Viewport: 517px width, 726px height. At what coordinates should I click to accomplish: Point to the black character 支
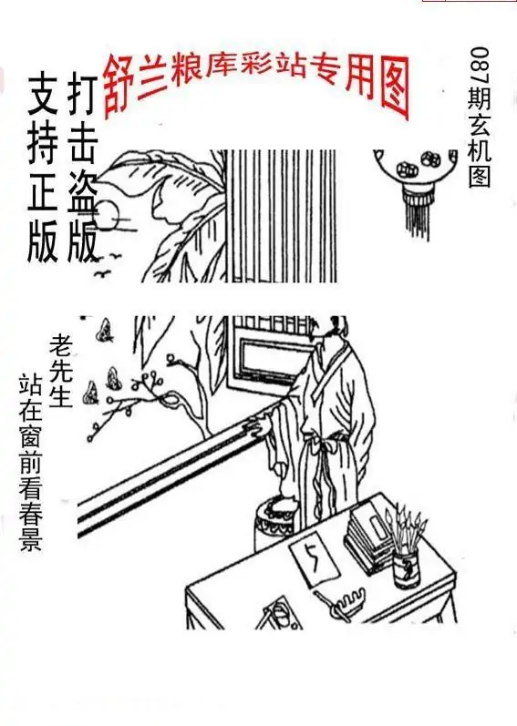43,94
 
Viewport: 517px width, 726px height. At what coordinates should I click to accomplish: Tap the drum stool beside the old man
278,525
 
